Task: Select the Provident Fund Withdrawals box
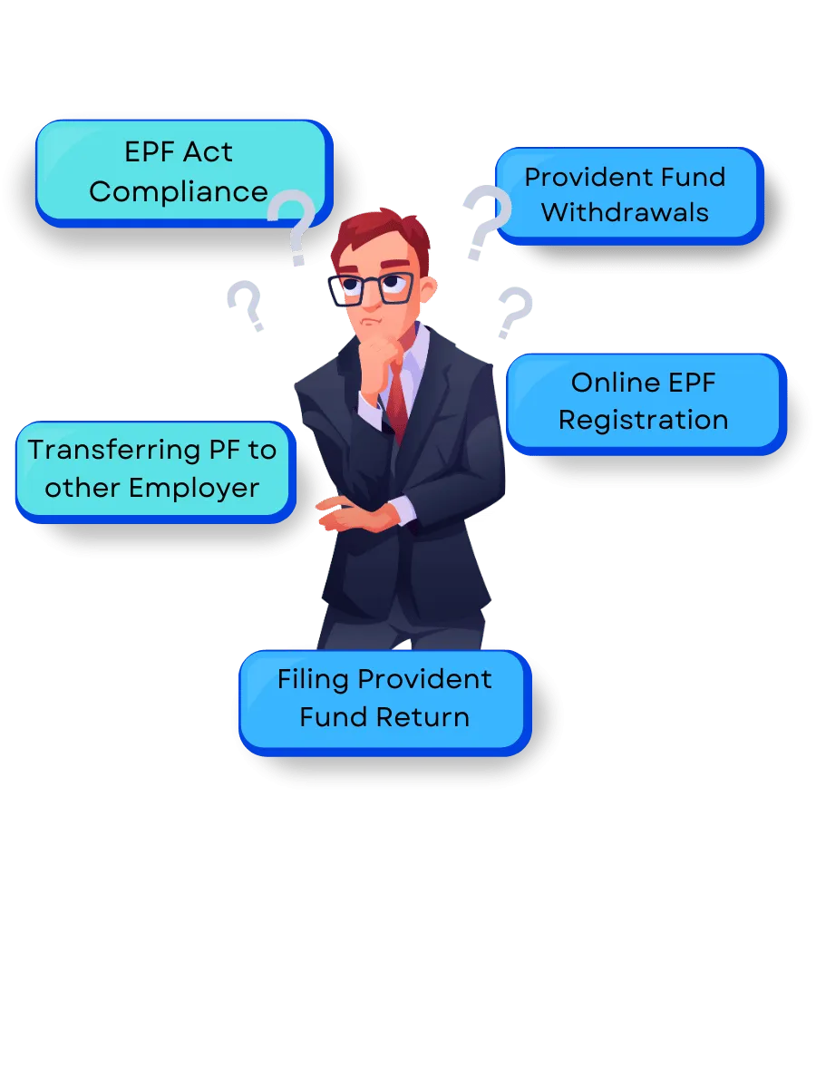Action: pyautogui.click(x=626, y=194)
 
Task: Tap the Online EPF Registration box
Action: pyautogui.click(x=643, y=402)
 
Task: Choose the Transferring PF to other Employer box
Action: pyautogui.click(x=152, y=469)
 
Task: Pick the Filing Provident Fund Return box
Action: pyautogui.click(x=383, y=698)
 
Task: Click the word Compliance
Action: pyautogui.click(x=179, y=191)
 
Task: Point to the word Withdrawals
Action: pyautogui.click(x=626, y=213)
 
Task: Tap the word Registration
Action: pyautogui.click(x=643, y=421)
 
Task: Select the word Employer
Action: pyautogui.click(x=193, y=488)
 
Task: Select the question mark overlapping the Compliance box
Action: pyautogui.click(x=292, y=228)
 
